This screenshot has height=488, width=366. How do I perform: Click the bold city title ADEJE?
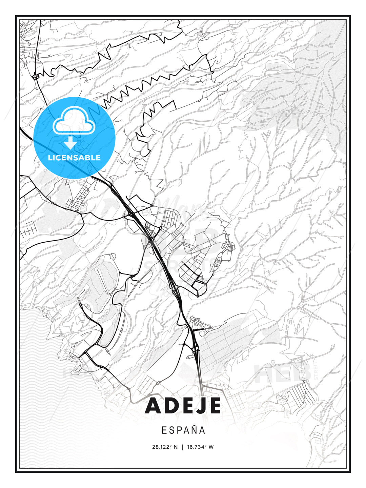183,406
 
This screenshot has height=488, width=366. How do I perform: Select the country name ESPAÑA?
183,430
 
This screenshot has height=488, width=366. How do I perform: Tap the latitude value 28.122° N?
165,447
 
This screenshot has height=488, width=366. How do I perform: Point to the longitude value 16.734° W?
200,447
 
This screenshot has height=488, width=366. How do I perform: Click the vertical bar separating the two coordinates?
182,447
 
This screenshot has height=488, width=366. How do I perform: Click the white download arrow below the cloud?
70,143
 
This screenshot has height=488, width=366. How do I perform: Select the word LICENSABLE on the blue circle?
74,158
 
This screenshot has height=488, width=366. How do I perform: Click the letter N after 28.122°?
176,447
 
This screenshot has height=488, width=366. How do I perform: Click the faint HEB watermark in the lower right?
283,373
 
